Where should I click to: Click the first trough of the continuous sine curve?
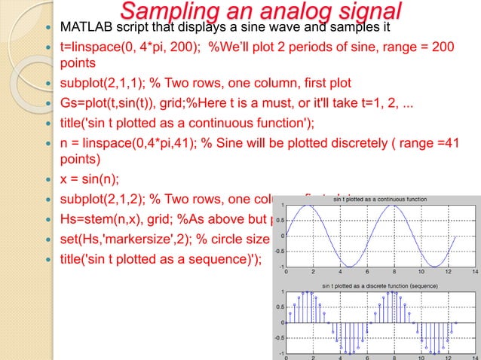click(351, 266)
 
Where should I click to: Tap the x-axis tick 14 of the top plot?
click(473, 272)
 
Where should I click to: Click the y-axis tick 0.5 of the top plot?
click(279, 220)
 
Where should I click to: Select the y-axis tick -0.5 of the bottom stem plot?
click(279, 338)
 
